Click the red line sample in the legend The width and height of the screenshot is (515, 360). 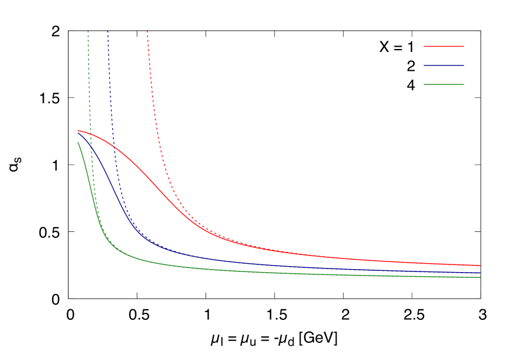(444, 46)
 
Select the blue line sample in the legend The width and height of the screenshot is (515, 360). (444, 66)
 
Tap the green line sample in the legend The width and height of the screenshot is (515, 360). (444, 84)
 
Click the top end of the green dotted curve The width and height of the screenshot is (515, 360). (88, 31)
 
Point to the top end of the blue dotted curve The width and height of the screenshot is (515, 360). (107, 31)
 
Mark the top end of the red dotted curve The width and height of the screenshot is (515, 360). (147, 31)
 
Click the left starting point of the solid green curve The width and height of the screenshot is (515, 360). (78, 142)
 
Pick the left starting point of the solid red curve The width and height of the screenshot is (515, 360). (78, 130)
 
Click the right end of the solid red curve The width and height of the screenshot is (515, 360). (480, 266)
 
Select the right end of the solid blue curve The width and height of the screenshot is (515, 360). (480, 273)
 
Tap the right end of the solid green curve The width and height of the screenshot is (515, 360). (480, 277)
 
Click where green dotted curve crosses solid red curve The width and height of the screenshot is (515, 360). (90, 133)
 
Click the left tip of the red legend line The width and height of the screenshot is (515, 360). (424, 46)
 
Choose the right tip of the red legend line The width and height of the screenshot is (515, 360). (464, 46)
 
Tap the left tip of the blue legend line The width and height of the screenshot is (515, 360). (424, 66)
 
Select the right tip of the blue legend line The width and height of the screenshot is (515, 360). (464, 66)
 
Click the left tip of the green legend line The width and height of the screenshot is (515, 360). (424, 84)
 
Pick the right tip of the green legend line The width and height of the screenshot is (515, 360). (464, 84)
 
